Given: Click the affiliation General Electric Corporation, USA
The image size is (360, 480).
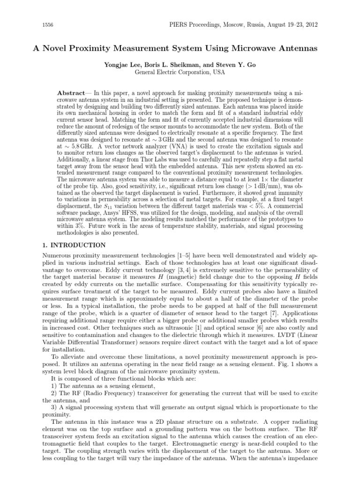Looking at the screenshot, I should [x=180, y=72].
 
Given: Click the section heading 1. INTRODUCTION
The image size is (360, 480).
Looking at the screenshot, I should [x=72, y=245].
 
